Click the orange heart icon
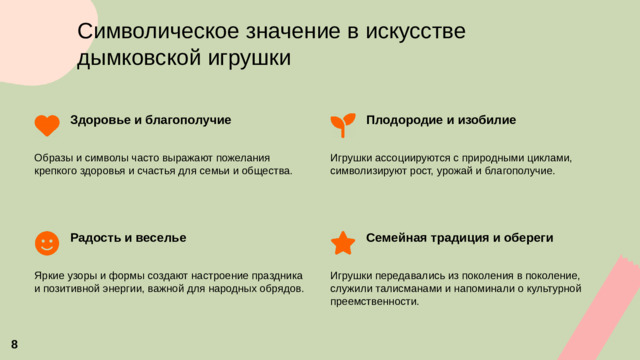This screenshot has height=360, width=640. click(47, 125)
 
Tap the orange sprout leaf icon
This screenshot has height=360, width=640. click(342, 124)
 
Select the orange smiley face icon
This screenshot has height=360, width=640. click(47, 243)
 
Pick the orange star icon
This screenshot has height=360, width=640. click(342, 243)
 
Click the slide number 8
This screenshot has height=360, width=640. click(14, 344)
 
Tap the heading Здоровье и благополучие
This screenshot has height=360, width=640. click(150, 120)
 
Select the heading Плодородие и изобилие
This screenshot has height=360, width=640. click(441, 120)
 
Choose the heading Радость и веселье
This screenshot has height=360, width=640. click(128, 238)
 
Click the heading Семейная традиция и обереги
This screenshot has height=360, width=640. click(460, 238)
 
